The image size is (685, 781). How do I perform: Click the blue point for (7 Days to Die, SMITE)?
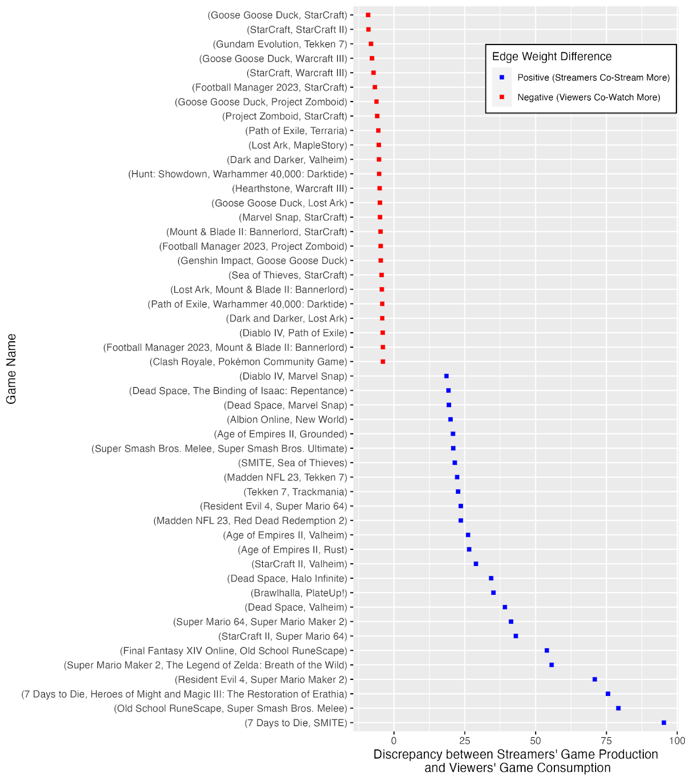coord(664,723)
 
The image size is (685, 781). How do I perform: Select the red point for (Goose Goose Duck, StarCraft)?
coord(368,15)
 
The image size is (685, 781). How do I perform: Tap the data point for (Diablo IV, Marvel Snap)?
coord(446,376)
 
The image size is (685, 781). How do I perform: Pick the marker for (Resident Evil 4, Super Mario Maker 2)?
coord(595,679)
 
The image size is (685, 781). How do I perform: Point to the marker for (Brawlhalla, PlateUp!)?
coord(493,593)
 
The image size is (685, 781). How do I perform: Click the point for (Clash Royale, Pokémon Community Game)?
coord(383,362)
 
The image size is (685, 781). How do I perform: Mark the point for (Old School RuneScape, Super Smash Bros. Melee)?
coord(618,708)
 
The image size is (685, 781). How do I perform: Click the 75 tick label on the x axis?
coord(606,741)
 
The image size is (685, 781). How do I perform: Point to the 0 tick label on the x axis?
coord(394,741)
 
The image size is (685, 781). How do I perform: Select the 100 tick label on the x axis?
coord(676,741)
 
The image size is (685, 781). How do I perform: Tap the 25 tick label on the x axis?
coord(465,741)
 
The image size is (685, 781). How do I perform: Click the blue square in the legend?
coord(502,78)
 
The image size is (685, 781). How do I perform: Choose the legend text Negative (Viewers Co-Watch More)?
coord(589,97)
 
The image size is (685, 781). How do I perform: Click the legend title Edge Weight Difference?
coord(552,57)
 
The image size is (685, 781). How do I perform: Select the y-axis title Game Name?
coord(11,369)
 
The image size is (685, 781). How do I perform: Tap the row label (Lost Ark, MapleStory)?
coord(298,146)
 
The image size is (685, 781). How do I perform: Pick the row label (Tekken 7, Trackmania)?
coord(295,492)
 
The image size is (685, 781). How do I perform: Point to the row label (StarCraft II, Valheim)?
coord(299,564)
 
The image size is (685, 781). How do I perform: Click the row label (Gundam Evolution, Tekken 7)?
coord(280,44)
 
